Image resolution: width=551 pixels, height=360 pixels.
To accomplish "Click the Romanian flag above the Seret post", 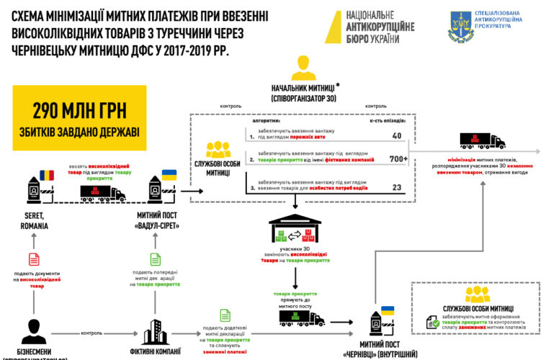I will tap(47, 175).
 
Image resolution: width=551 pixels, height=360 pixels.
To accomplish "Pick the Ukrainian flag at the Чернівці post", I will tap(388, 310).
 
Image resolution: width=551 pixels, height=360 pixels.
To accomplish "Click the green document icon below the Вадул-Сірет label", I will tap(156, 259).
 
